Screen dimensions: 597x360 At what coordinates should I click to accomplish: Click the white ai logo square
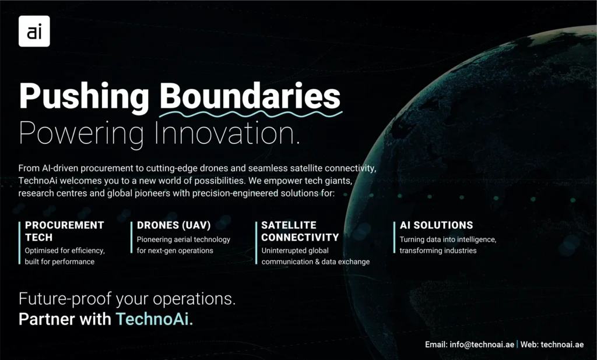click(x=34, y=31)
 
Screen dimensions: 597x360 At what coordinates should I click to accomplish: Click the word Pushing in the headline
click(x=84, y=97)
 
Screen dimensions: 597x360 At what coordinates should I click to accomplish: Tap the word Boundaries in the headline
click(x=250, y=96)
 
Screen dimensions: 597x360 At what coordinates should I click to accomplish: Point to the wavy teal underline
click(x=251, y=114)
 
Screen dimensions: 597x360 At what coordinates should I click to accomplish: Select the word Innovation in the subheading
click(x=227, y=133)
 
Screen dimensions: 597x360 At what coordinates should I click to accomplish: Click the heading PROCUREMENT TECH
click(x=64, y=231)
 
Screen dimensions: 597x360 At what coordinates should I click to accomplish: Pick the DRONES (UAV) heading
click(x=174, y=225)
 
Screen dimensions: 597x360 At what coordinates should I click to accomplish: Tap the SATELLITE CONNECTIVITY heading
click(x=300, y=231)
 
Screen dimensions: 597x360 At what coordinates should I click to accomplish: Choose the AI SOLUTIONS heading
click(x=436, y=225)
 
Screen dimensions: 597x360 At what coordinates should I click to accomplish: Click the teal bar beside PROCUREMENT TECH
click(x=19, y=243)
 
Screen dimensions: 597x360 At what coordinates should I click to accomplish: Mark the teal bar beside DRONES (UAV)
click(x=131, y=238)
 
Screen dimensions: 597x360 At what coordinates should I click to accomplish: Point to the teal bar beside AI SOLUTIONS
click(x=395, y=238)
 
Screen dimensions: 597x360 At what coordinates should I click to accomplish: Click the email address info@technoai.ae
click(x=482, y=344)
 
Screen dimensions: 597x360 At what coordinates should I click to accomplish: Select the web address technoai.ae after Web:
click(x=562, y=344)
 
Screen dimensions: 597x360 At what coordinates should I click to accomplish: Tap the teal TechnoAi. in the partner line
click(x=154, y=319)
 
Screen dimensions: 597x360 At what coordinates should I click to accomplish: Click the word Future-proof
click(x=65, y=299)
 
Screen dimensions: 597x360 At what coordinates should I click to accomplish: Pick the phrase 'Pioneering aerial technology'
click(x=184, y=239)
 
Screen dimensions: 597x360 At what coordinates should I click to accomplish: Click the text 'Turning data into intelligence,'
click(x=448, y=239)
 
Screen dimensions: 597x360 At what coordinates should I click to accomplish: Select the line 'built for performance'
click(x=60, y=262)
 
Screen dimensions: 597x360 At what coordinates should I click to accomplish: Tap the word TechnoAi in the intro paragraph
click(x=38, y=181)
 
